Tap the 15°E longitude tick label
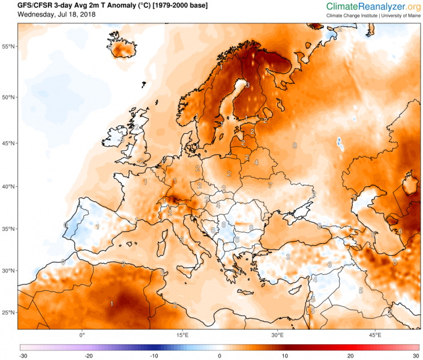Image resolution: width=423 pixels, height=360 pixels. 183,334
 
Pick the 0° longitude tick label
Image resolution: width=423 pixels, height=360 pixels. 82,334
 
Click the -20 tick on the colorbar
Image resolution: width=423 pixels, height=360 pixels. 89,356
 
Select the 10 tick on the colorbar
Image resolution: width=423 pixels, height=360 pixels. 285,356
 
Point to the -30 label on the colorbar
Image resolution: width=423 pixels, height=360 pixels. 23,356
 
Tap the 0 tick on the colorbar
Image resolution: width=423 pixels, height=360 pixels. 220,356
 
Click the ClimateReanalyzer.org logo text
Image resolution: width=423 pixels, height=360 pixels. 373,6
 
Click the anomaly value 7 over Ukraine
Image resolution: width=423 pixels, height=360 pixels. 270,185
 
